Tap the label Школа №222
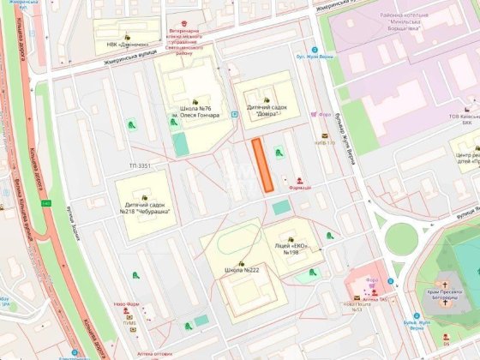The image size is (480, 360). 242,270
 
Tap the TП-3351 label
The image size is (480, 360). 140,165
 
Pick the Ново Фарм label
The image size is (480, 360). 126,303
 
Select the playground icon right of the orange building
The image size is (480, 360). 278,152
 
